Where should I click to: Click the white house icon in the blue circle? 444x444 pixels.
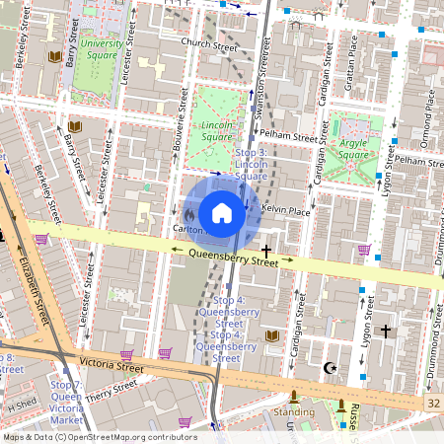coord(222,213)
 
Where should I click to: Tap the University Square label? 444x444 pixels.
coord(102,49)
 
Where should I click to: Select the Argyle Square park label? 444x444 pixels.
coord(352,148)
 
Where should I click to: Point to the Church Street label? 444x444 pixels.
coord(210,44)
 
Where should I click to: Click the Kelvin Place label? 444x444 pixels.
coord(286,211)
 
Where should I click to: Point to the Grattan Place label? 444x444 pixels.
coord(352,58)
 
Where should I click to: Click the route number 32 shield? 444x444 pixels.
coord(434,405)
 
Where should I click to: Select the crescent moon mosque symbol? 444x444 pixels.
coord(331,368)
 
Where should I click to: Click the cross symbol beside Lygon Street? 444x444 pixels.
coord(386,332)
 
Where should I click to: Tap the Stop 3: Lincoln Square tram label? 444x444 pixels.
coord(252,164)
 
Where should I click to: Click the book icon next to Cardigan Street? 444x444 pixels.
coord(272,336)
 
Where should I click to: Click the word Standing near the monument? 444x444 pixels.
coord(293,411)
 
